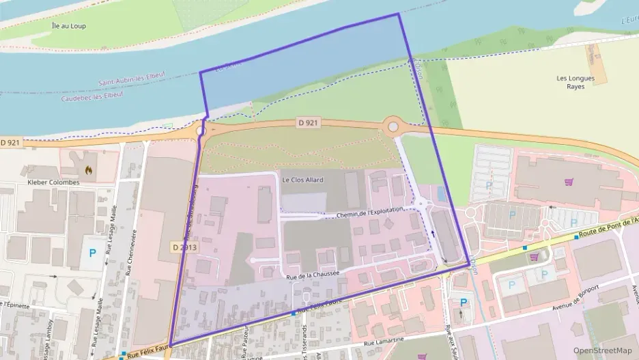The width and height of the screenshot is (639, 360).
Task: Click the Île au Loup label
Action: pos(68,26)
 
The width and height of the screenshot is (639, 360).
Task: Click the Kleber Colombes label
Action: pos(53,182)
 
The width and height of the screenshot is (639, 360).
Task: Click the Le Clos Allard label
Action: pos(302,180)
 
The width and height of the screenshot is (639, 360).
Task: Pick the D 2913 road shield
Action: pos(184,247)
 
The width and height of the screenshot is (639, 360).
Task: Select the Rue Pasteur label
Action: pos(244,340)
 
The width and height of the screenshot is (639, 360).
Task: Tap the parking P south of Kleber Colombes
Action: pos(92,253)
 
